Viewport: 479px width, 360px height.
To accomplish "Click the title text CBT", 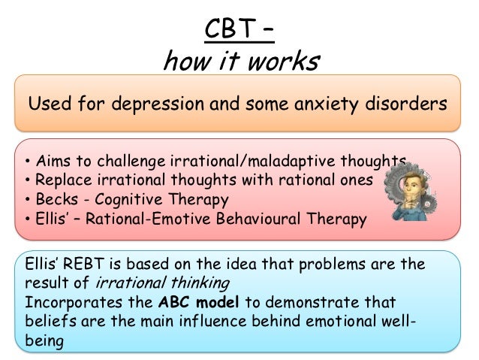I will click(x=229, y=32).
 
